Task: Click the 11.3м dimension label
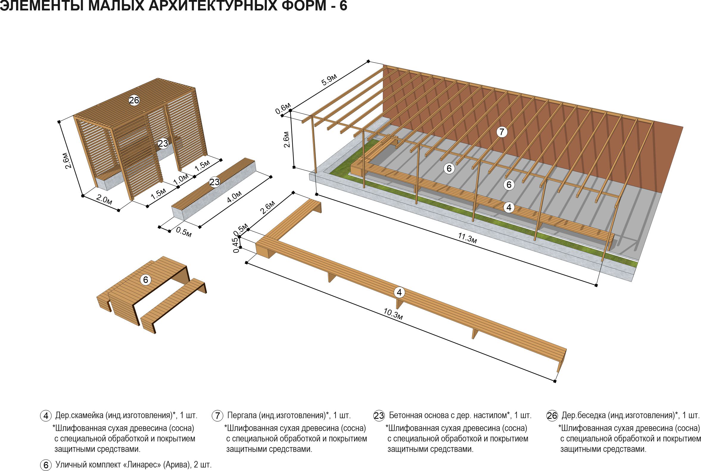click(468, 238)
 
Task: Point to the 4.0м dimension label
click(234, 197)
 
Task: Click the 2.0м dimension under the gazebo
click(104, 200)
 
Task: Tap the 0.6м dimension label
click(283, 108)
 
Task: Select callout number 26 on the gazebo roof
click(134, 100)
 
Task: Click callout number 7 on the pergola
click(502, 132)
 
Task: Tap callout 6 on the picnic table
click(146, 280)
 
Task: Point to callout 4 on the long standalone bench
click(399, 292)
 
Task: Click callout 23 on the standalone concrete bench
click(215, 182)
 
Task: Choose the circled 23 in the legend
click(379, 416)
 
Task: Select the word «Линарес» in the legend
click(142, 465)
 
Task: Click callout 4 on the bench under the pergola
click(509, 207)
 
